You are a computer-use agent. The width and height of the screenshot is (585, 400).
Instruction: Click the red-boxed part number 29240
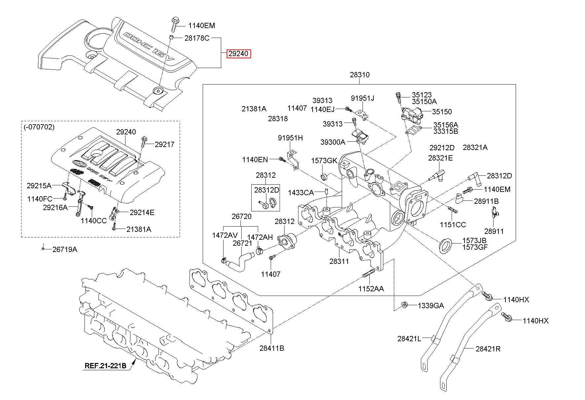pos(238,54)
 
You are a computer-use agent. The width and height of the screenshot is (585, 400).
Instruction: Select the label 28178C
pos(197,38)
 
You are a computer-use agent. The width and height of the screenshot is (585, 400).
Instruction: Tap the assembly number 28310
pos(360,75)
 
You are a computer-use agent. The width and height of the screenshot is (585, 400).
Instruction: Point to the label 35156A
pos(446,125)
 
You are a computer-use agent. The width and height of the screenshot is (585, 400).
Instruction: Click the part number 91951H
pos(290,138)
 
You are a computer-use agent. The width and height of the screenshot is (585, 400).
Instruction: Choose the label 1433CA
pos(301,192)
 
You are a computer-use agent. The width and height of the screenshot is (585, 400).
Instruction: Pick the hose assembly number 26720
pos(241,217)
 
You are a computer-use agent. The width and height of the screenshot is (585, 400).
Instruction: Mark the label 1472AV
pos(225,236)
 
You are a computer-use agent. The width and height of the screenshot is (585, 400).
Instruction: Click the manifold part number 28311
pos(339,261)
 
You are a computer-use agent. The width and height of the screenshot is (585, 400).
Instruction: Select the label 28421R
pos(488,348)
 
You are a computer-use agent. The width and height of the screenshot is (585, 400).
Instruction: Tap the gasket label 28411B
pos(272,348)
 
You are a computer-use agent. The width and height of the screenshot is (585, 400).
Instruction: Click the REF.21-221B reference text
pos(106,366)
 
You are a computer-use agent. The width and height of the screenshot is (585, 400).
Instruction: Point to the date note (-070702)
pos(39,127)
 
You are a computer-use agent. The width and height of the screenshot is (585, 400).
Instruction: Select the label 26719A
pos(65,249)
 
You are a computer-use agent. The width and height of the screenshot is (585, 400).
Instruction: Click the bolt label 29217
pos(164,144)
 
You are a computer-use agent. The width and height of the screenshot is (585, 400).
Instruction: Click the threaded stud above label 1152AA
pos(368,273)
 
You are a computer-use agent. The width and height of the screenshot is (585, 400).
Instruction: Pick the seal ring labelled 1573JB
pos(445,245)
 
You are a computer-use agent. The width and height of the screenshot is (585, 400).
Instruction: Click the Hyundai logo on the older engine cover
pos(78,164)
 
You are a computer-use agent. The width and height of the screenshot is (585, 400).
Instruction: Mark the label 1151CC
pos(453,225)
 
